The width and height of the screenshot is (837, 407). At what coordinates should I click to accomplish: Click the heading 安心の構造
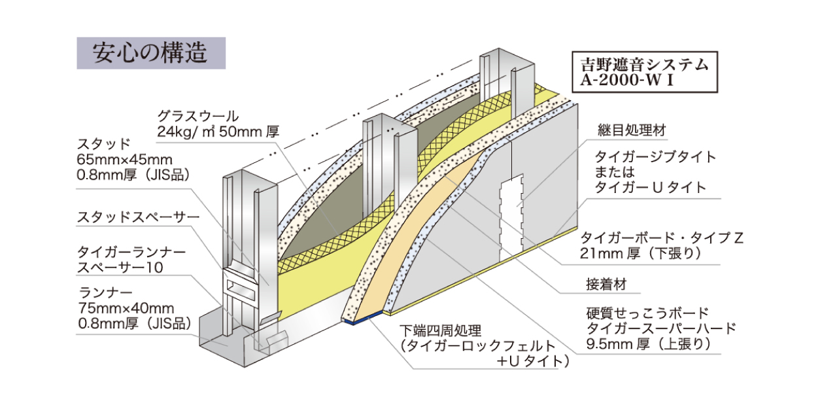(150, 53)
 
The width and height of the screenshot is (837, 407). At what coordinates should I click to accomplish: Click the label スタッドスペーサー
(128, 216)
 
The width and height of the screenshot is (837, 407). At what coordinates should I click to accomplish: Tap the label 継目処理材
(631, 130)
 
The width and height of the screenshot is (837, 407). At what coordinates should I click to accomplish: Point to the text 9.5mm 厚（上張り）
(650, 344)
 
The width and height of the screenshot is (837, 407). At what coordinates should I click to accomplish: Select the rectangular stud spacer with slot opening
(243, 285)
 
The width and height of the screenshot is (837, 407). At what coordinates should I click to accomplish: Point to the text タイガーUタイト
(650, 187)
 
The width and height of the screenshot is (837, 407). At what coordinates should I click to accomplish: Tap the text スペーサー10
(120, 267)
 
